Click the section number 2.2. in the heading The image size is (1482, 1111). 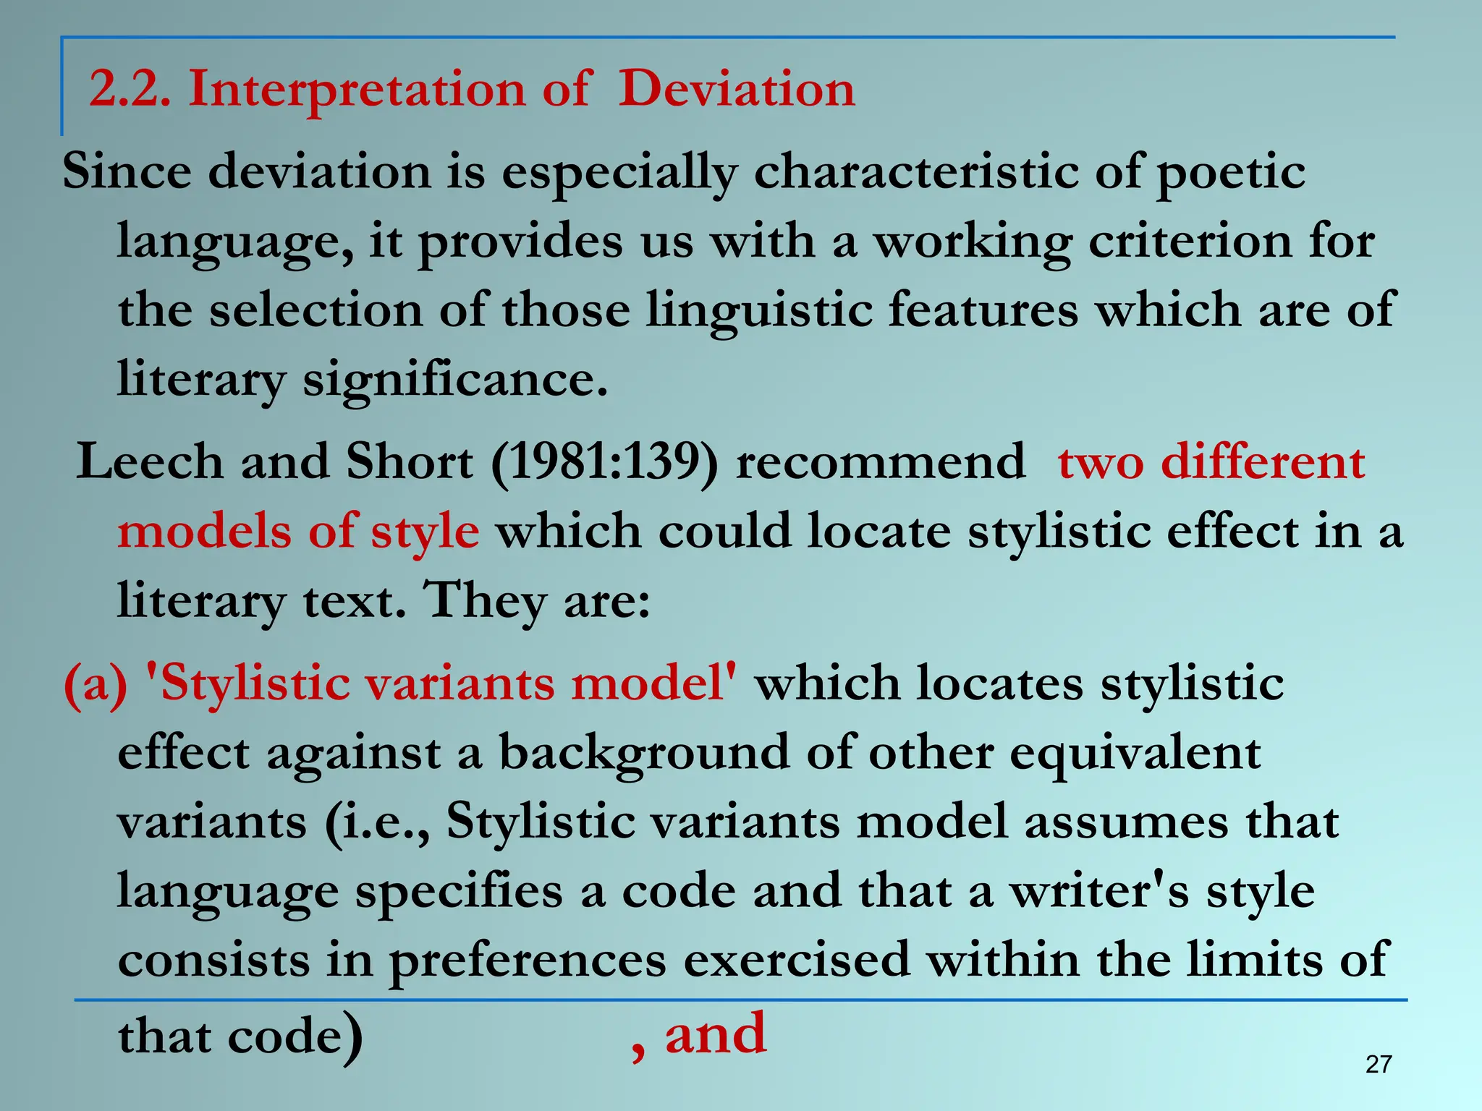pos(130,90)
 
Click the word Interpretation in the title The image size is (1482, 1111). pos(357,90)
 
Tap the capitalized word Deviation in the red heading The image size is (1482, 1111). pos(736,90)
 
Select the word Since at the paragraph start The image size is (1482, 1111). pos(127,171)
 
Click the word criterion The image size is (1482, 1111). pos(1190,242)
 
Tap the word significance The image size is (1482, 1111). pos(454,379)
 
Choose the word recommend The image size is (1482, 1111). pos(880,461)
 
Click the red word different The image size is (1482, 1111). pos(1263,461)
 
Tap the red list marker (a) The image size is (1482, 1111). pos(96,684)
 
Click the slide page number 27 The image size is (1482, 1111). pos(1379,1064)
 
